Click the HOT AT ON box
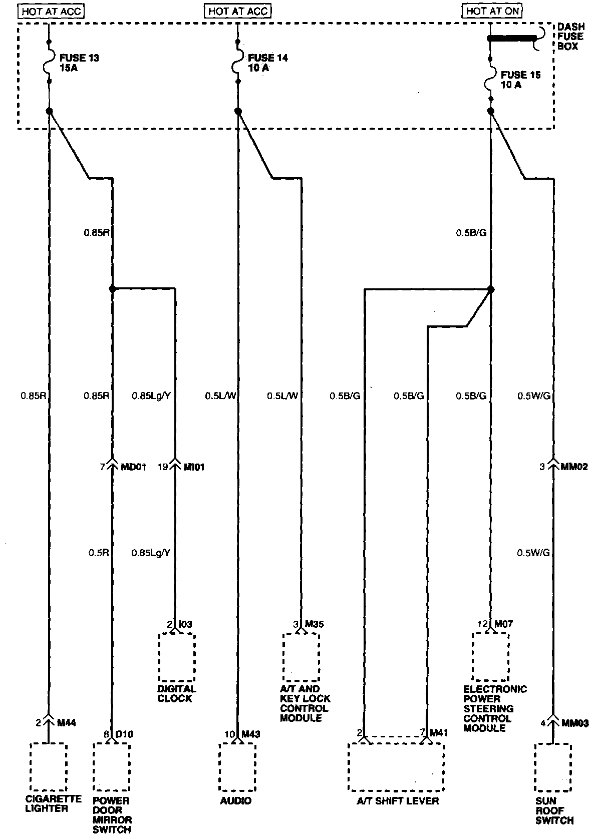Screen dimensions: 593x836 tap(492, 11)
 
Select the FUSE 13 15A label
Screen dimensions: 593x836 tap(79, 63)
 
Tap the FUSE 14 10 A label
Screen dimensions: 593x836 tap(267, 63)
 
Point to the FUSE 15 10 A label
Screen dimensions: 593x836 tap(520, 80)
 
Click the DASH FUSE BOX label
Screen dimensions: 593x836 tap(570, 37)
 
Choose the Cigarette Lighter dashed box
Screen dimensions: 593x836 tap(48, 766)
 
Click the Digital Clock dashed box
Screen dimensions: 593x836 tap(177, 657)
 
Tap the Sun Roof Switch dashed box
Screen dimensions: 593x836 tap(553, 766)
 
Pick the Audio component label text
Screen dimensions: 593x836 tap(236, 801)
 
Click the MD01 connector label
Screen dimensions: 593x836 tap(133, 467)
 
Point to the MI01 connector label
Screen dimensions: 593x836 tap(194, 467)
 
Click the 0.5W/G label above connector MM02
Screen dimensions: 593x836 tap(533, 396)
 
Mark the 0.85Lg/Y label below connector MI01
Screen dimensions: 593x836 tap(151, 553)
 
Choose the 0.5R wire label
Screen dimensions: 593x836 tap(99, 553)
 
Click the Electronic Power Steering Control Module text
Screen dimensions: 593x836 tap(495, 708)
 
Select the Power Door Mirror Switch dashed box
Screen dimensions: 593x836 tap(111, 766)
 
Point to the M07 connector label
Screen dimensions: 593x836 tap(503, 624)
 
